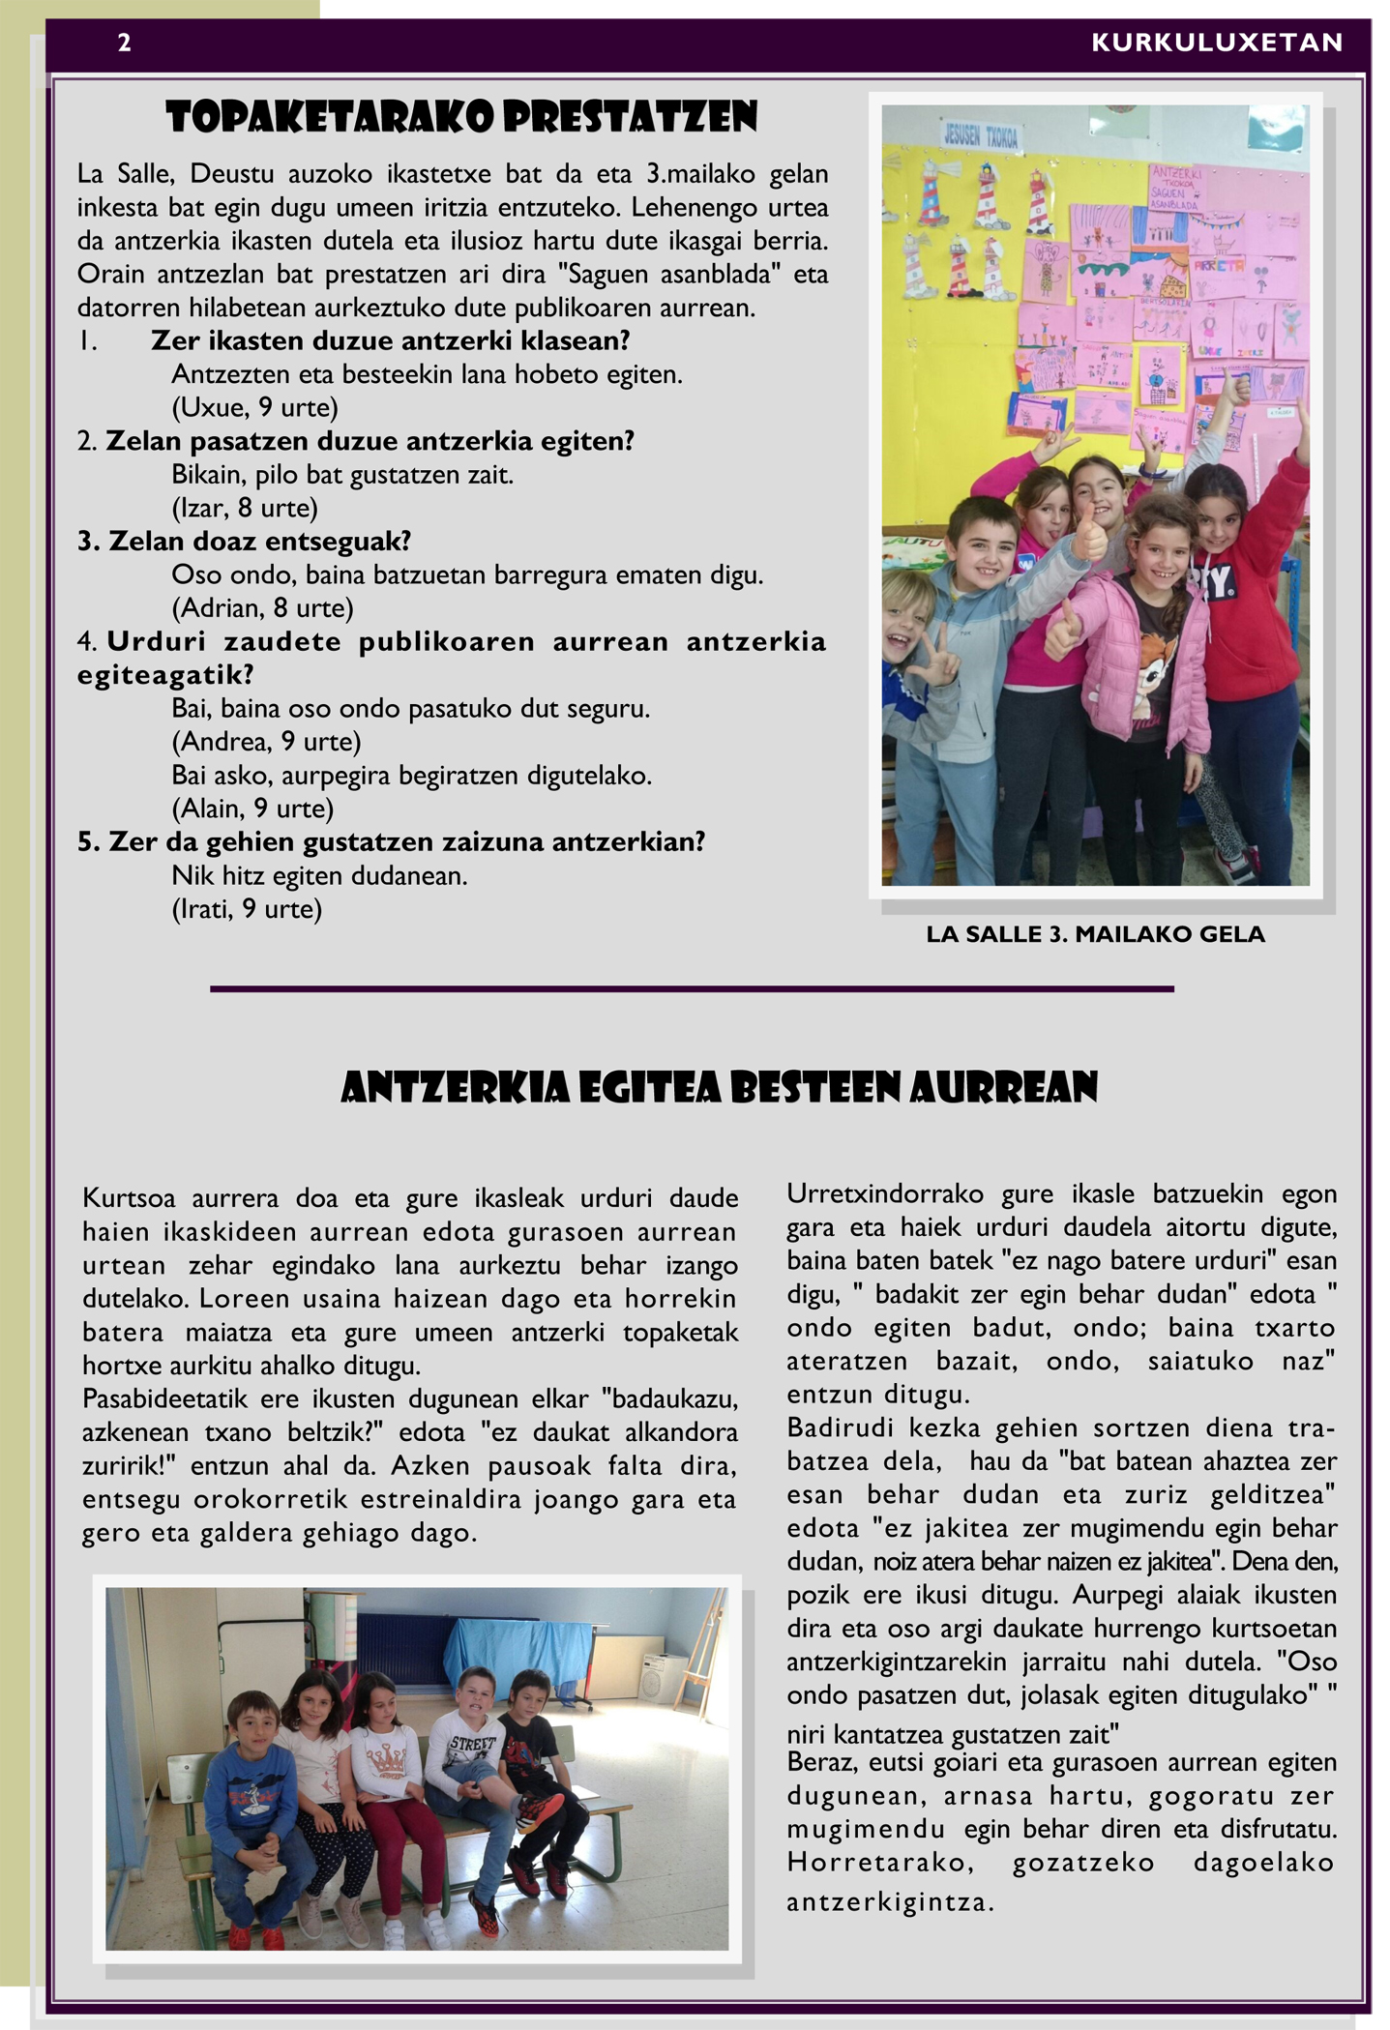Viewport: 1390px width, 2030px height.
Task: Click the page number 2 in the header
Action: click(x=124, y=43)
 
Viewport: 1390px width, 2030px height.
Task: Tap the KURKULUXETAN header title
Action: click(x=1217, y=43)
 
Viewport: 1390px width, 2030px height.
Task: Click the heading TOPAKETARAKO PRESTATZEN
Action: click(x=461, y=118)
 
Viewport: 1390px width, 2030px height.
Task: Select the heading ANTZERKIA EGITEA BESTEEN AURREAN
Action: click(x=720, y=1088)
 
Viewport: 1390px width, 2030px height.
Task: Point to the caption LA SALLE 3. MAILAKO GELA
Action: click(x=1095, y=934)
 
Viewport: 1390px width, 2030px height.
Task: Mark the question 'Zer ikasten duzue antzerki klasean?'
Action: click(x=391, y=341)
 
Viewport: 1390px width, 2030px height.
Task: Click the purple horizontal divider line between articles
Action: click(x=692, y=989)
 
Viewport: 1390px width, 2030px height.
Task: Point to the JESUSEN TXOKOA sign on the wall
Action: click(x=981, y=136)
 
